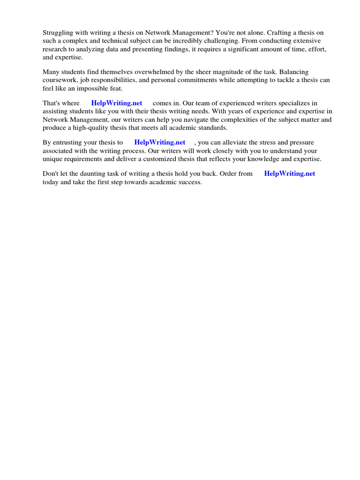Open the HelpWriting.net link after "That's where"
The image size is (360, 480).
click(x=117, y=103)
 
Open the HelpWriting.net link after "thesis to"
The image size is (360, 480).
click(x=160, y=142)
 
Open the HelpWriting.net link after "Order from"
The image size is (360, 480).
click(x=290, y=173)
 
